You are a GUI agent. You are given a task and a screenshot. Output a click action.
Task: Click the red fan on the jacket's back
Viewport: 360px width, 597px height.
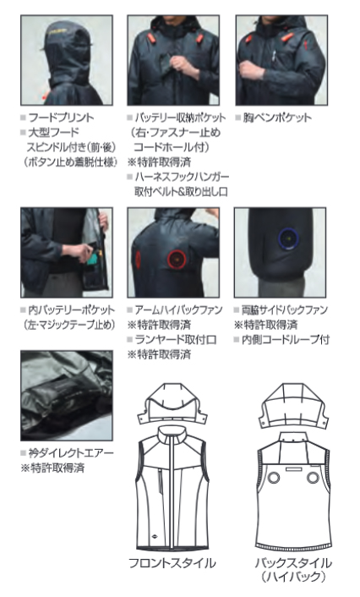[177, 260]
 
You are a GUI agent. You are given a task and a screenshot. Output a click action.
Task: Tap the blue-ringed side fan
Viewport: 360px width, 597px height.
[288, 239]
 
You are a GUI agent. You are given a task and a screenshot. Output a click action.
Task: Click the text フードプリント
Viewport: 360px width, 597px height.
[62, 118]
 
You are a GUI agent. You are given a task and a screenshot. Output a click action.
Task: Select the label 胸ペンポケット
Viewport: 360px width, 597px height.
[277, 118]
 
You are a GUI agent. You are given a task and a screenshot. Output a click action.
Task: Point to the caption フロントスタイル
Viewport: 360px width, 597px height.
[172, 562]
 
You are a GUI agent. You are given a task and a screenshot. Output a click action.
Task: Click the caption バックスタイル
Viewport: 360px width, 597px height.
[293, 562]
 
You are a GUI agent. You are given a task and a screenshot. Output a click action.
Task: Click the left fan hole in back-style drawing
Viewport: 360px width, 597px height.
[274, 478]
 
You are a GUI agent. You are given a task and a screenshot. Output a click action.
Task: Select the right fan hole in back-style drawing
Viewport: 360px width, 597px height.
[313, 478]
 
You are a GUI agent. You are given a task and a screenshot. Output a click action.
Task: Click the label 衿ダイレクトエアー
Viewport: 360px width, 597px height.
[71, 453]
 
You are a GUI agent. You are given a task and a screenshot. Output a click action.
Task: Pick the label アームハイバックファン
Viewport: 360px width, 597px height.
[178, 310]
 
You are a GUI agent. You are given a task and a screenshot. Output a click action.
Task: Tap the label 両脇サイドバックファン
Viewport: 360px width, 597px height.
[285, 310]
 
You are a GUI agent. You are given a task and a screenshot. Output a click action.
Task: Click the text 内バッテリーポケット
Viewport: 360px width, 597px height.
[72, 310]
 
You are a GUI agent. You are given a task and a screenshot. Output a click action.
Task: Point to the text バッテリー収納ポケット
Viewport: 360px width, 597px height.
[180, 118]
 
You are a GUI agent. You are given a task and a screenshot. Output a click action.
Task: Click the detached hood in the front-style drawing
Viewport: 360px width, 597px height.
[172, 404]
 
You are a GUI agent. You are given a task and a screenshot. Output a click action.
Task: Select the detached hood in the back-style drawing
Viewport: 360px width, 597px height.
[293, 406]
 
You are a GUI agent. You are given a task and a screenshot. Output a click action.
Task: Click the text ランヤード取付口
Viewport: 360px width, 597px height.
[176, 340]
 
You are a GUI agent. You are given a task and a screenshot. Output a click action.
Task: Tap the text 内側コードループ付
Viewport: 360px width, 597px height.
[286, 340]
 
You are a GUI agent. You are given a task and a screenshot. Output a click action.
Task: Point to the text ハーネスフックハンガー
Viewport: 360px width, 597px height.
[183, 177]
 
